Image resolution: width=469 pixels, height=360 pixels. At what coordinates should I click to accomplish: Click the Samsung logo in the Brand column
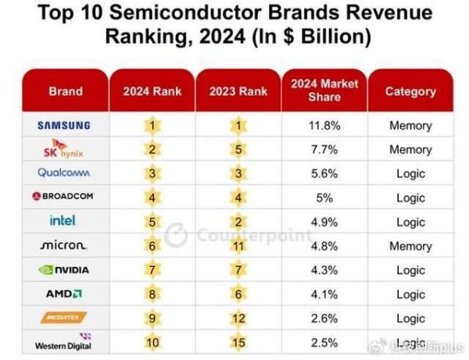click(64, 125)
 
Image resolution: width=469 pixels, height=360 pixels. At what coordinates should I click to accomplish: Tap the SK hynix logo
click(64, 148)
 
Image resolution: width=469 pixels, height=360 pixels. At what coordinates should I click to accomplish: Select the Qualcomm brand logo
click(64, 173)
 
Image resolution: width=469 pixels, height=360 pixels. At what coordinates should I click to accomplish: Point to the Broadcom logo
click(64, 197)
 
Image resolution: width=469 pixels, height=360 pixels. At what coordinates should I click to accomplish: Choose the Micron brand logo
click(64, 245)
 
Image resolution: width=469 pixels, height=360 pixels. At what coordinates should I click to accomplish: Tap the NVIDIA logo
click(64, 269)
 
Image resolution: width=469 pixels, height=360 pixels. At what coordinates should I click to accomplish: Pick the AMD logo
click(64, 294)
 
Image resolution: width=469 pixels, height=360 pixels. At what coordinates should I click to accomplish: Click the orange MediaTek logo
click(64, 318)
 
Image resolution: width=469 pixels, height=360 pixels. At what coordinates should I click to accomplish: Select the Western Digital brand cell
click(64, 342)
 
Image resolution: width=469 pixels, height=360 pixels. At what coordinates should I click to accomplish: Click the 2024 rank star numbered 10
click(153, 342)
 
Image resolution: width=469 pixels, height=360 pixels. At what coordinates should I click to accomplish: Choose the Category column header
click(410, 91)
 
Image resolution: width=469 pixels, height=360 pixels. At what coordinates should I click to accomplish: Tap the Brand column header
click(65, 91)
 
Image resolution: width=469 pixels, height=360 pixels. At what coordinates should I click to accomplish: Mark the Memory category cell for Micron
click(410, 246)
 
